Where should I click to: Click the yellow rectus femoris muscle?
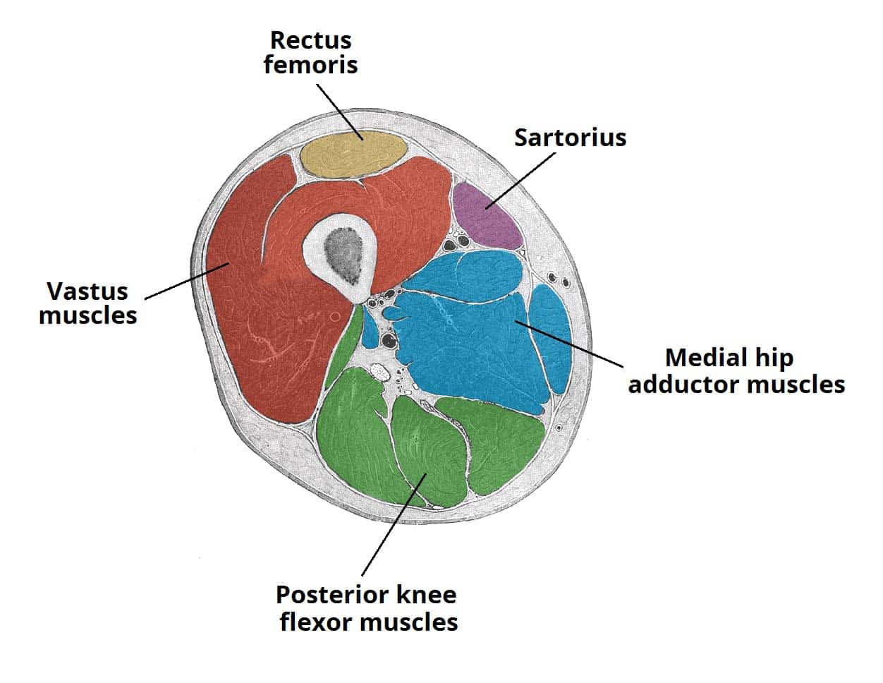[x=353, y=155]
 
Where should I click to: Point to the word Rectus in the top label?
[x=310, y=40]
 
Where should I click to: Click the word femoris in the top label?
[x=310, y=65]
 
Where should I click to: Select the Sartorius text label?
[x=570, y=137]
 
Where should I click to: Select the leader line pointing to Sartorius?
[x=522, y=180]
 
